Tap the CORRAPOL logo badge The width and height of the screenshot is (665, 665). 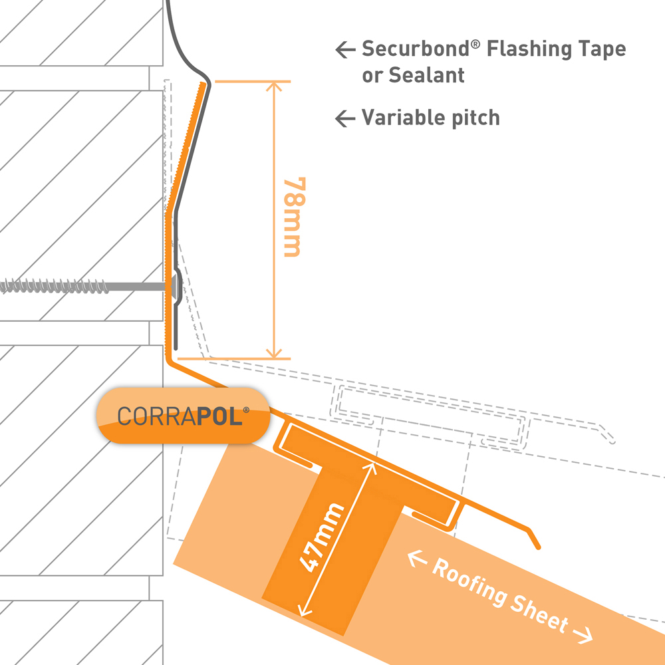(183, 415)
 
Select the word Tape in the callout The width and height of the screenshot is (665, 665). (602, 49)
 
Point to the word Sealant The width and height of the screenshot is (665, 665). (413, 75)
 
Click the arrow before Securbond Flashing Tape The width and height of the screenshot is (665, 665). (344, 49)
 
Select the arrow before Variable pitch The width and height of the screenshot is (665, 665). (344, 118)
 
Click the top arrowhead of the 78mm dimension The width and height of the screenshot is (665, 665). (271, 87)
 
